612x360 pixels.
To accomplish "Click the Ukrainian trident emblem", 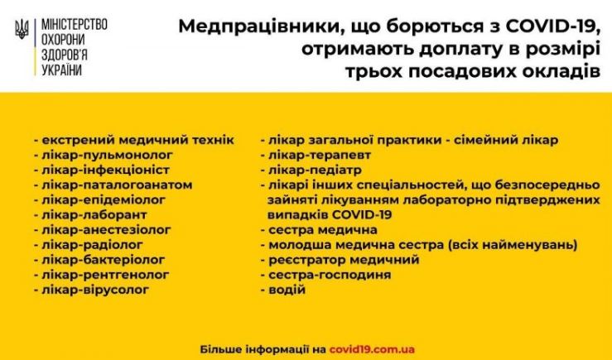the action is coord(22,29).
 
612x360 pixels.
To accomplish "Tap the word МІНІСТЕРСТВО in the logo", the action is coord(75,25).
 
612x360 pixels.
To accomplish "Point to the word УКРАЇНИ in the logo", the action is coord(61,70).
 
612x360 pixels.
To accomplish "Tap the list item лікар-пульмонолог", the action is coord(107,156).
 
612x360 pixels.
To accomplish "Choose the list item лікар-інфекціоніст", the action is coord(105,170).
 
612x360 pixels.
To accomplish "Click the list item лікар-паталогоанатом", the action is coord(117,185).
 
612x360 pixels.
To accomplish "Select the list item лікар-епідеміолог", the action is coord(104,200).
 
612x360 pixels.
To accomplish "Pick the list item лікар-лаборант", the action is coord(94,215).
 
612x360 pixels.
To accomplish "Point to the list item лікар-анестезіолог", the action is coord(106,230).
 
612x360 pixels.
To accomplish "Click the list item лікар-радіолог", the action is coord(92,245).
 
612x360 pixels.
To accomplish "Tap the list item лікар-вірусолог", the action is coord(95,290).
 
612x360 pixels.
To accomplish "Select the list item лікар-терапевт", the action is coord(320,156).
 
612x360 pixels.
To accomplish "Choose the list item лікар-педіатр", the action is coord(315,170).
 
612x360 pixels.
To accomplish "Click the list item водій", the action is coord(287,290).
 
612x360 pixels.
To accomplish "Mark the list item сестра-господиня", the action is coord(330,275).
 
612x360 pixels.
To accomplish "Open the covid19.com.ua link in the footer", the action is coord(372,349).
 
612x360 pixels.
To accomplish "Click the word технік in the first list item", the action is coord(214,140).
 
